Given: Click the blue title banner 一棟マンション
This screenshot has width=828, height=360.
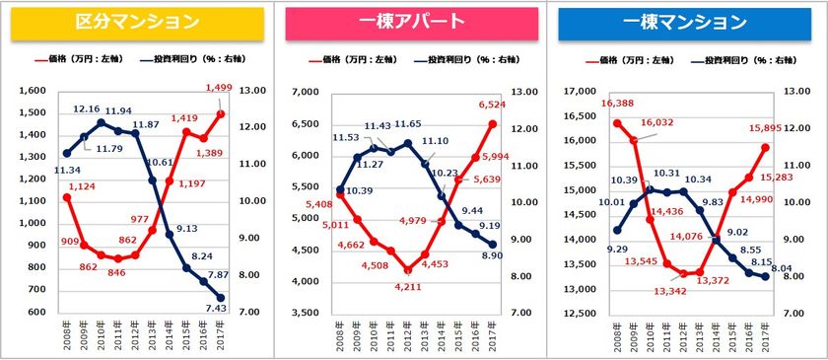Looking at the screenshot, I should [686, 23].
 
